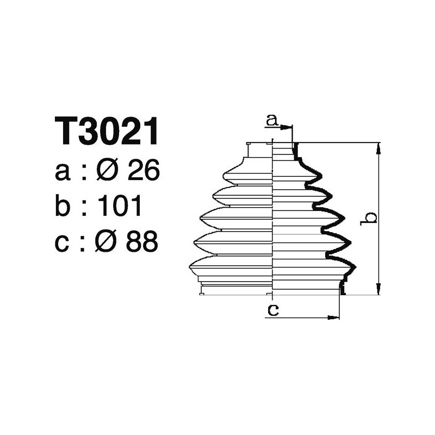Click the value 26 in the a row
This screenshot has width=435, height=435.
click(142, 172)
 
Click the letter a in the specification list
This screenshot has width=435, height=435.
click(63, 173)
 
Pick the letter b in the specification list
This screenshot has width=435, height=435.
click(64, 207)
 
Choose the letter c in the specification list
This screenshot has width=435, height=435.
click(63, 243)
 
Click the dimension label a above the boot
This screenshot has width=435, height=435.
click(272, 119)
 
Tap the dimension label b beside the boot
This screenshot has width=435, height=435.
click(370, 217)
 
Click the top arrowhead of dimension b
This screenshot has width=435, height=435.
click(378, 147)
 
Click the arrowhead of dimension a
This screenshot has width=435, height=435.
click(289, 126)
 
